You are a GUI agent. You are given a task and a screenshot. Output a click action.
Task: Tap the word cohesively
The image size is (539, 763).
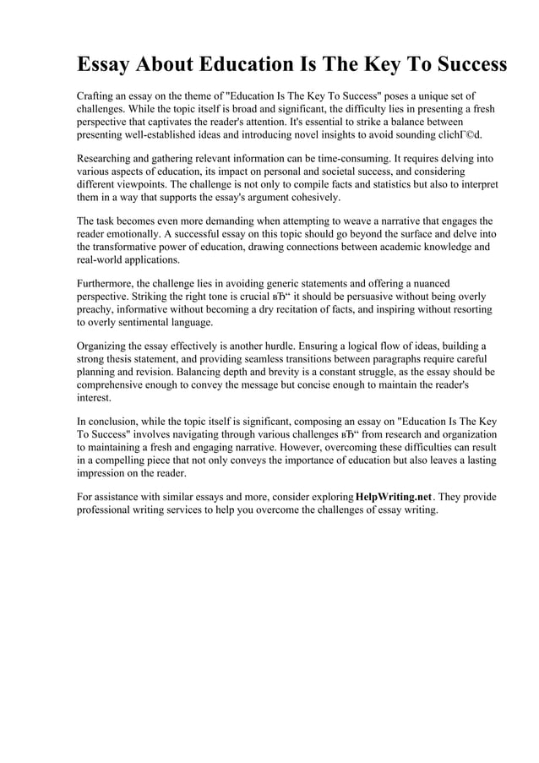(310, 197)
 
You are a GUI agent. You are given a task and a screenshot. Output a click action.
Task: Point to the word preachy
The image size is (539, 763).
(97, 309)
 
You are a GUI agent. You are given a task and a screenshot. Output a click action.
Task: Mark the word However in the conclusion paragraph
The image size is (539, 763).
(302, 446)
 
